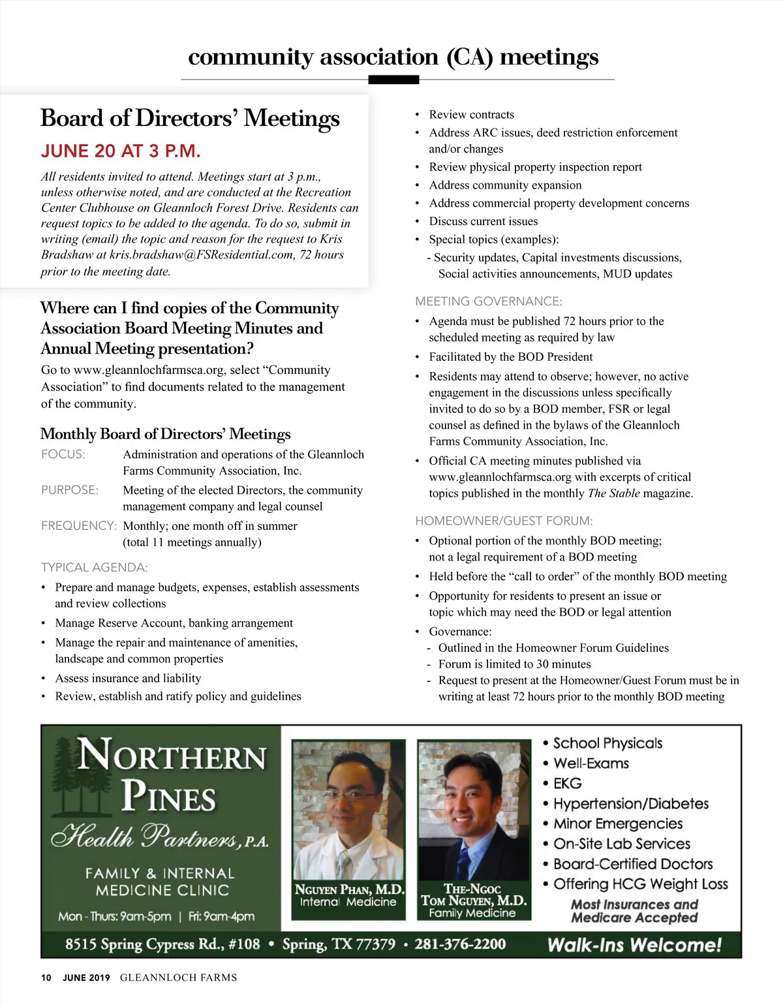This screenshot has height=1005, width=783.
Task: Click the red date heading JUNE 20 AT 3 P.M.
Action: pos(121,151)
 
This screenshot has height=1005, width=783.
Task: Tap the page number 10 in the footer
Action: pos(46,978)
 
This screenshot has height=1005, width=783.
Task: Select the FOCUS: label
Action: pos(63,454)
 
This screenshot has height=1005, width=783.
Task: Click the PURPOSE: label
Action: pos(70,490)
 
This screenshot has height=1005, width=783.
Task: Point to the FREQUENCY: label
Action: pos(79,526)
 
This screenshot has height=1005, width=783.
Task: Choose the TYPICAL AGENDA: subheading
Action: pos(95,568)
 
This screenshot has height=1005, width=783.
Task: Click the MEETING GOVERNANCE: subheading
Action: pos(489,301)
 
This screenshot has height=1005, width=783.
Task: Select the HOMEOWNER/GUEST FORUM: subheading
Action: pos(504,521)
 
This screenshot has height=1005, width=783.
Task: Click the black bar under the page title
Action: pos(393,80)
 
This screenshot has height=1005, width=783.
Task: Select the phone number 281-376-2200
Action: pos(460,944)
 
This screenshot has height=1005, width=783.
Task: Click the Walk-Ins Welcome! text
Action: pos(634,945)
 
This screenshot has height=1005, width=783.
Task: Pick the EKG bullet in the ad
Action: pos(567,784)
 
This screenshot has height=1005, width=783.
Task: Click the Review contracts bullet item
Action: pos(471,115)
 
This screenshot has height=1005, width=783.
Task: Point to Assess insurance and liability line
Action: pos(128,679)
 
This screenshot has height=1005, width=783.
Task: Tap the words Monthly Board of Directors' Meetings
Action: pos(166,434)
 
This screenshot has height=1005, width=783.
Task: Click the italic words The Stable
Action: pos(613,493)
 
